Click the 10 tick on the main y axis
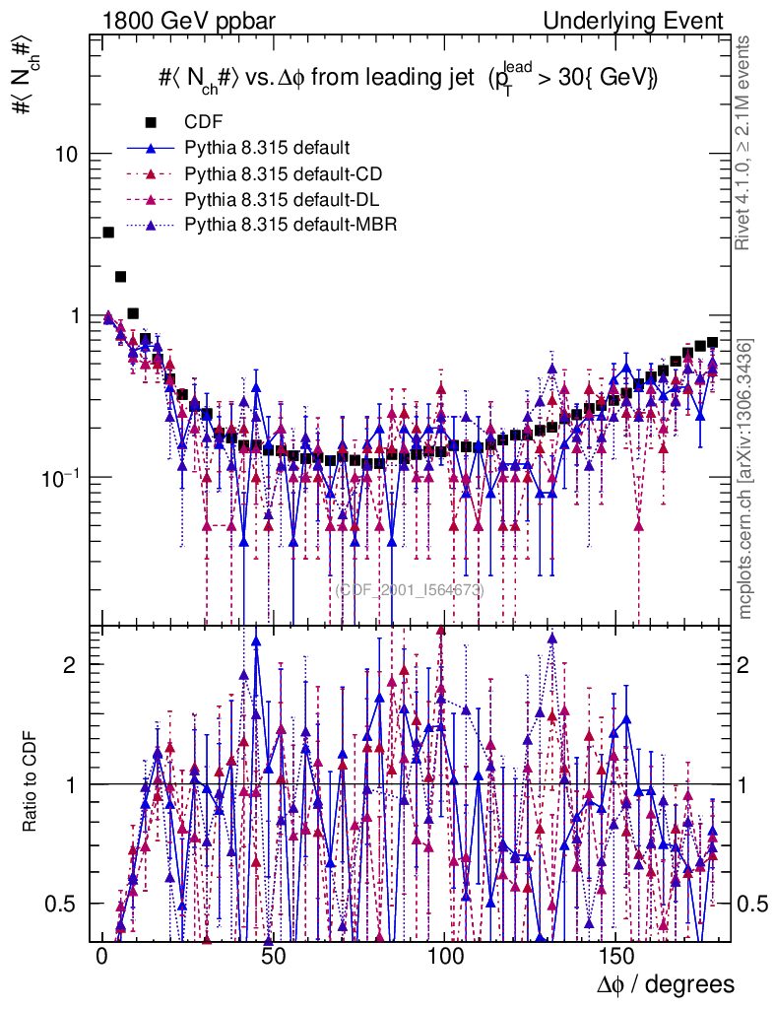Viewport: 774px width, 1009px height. [70, 155]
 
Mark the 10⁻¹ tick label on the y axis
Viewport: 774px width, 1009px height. [65, 476]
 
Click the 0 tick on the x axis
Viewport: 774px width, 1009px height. [101, 956]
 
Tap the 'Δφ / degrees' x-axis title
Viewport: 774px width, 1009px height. [666, 984]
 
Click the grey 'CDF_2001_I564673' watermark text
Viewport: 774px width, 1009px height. [409, 590]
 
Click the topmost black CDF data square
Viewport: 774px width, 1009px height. [108, 233]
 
